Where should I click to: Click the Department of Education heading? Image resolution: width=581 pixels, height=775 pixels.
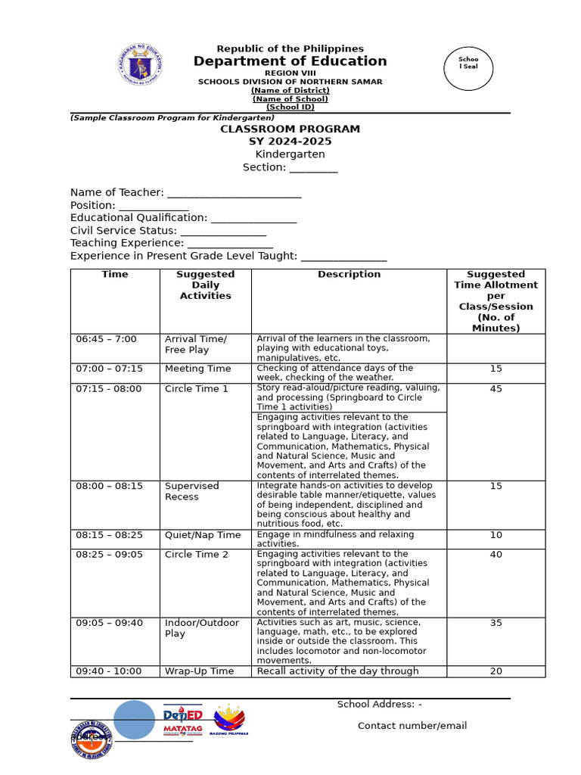tap(290, 61)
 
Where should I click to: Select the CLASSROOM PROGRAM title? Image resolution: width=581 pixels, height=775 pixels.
tap(290, 129)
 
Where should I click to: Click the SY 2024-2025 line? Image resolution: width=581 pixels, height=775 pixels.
tap(290, 142)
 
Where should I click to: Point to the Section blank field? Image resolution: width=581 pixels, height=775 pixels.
tap(313, 168)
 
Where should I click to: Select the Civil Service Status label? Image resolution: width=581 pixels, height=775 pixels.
tap(123, 231)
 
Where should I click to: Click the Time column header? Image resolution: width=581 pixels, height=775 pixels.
tap(115, 275)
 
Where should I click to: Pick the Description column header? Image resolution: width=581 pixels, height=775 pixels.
tap(349, 275)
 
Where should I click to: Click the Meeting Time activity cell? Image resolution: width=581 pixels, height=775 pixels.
tap(197, 369)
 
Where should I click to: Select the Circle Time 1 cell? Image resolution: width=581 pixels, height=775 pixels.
tap(196, 389)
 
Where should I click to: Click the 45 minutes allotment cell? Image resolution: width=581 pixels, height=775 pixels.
tap(496, 389)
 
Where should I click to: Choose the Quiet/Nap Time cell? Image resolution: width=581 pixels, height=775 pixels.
tap(202, 535)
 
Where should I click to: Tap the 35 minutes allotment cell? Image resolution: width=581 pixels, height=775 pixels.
tap(496, 623)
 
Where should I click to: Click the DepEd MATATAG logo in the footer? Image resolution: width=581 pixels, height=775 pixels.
tap(182, 721)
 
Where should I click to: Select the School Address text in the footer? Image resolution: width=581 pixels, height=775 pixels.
tap(379, 705)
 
